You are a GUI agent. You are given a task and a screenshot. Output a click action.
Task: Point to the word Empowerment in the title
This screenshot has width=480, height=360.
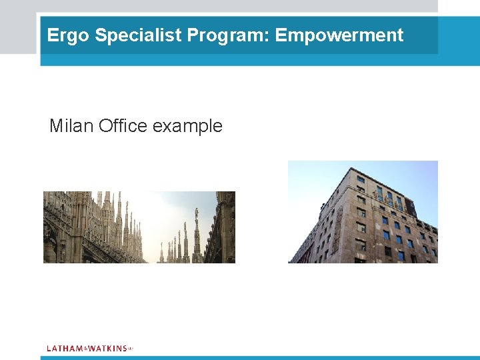click(339, 35)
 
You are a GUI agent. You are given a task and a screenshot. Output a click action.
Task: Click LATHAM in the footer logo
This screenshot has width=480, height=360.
click(65, 348)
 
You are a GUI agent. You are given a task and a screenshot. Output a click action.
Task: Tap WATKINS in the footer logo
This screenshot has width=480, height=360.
click(107, 348)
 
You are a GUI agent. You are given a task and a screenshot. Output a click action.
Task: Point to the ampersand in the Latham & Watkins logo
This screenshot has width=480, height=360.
click(85, 349)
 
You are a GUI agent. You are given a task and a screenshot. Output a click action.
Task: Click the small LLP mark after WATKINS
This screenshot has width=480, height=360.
click(131, 347)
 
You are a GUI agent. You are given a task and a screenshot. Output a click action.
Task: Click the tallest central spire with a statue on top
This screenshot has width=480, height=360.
click(197, 230)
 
